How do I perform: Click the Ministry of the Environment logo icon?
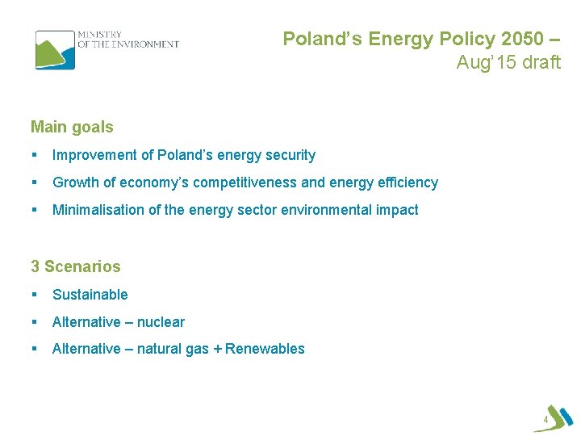coord(54,49)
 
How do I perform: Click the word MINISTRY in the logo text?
coord(99,35)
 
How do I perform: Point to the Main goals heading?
coord(72,127)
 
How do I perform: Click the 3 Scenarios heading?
coord(75,266)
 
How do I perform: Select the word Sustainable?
coord(90,295)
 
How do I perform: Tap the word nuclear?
coord(161,322)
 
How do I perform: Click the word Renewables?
coord(265,349)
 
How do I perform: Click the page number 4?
coord(545,421)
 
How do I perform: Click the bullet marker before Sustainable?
coord(35,295)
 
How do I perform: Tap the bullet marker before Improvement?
coord(35,155)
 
